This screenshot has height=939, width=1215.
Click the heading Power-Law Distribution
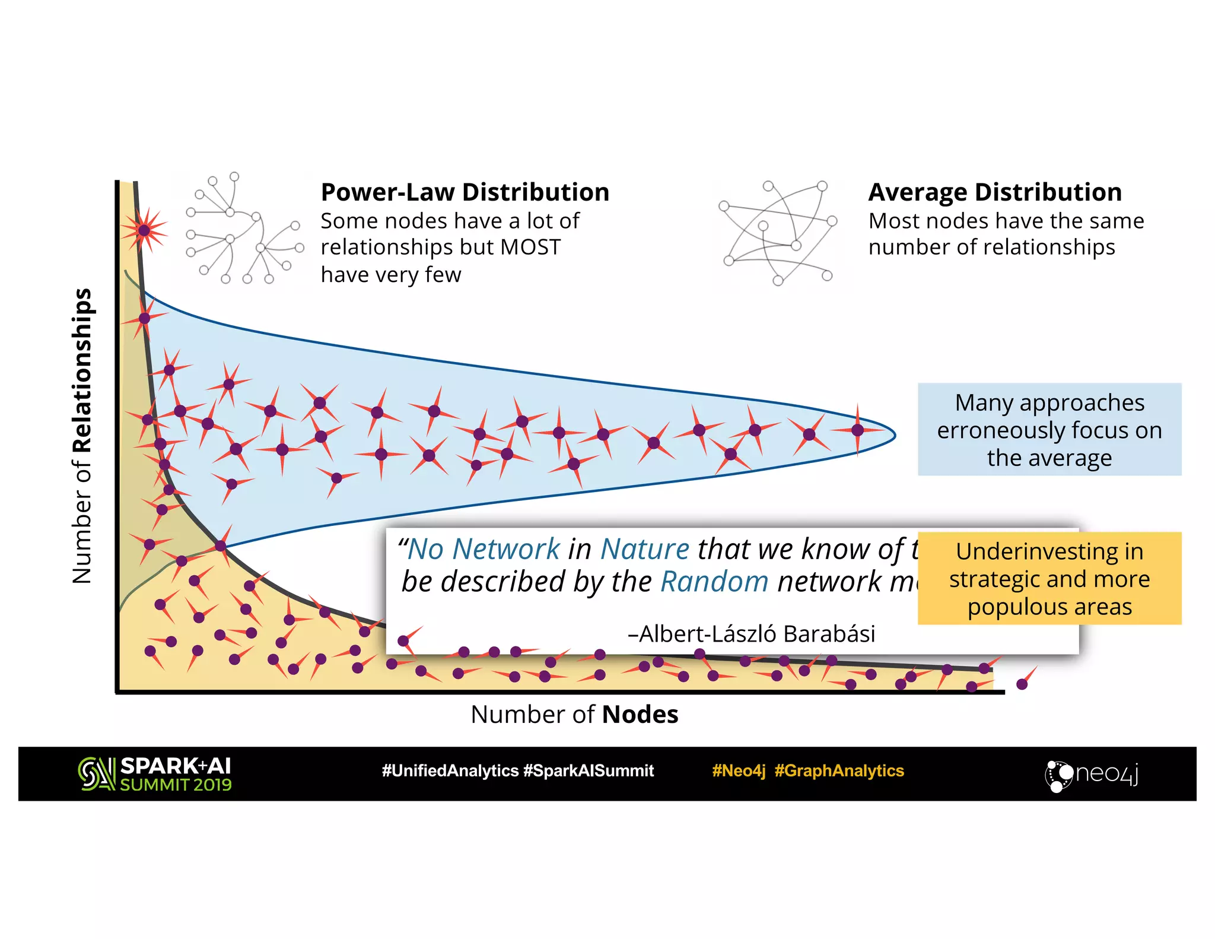[x=465, y=192]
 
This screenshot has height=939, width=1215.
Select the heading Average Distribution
[x=995, y=192]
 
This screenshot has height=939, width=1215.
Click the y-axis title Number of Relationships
[x=82, y=436]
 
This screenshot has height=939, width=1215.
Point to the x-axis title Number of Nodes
[x=574, y=714]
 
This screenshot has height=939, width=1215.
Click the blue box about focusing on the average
[x=1049, y=430]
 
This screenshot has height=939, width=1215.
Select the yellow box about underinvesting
[x=1049, y=579]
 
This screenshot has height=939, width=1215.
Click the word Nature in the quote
[x=645, y=549]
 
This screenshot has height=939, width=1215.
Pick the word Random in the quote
[x=714, y=582]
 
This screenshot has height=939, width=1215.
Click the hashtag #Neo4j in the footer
[x=739, y=771]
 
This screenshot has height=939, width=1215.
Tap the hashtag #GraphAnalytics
[x=839, y=771]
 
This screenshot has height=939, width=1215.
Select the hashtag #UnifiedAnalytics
[x=450, y=771]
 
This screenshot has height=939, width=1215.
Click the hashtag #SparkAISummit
[x=589, y=771]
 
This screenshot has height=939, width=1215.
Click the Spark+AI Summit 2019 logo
[x=155, y=774]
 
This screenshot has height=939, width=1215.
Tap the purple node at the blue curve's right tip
[x=857, y=430]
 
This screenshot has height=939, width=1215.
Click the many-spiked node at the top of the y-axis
[x=144, y=230]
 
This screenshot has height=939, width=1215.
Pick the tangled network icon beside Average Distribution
[x=777, y=233]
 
